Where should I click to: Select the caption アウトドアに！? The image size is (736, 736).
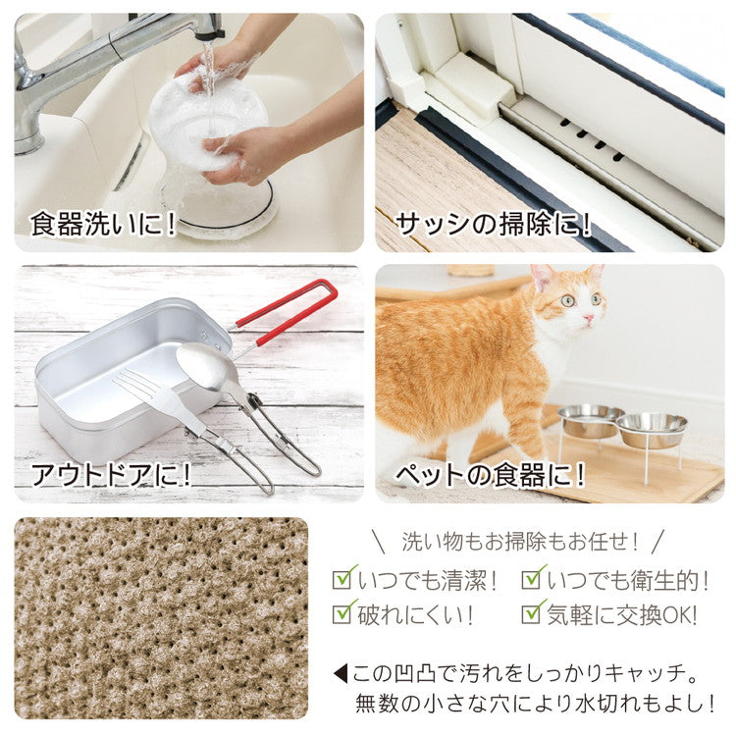coord(111,475)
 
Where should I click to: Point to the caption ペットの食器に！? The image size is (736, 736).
coord(490,476)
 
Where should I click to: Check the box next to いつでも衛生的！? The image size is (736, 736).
coord(533,578)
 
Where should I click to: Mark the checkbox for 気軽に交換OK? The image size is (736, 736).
coord(533,613)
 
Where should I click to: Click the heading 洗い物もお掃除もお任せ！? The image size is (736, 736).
coord(520,540)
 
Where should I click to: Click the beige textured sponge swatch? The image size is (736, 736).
coord(161,617)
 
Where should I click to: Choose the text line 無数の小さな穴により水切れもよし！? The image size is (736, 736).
coord(535,704)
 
